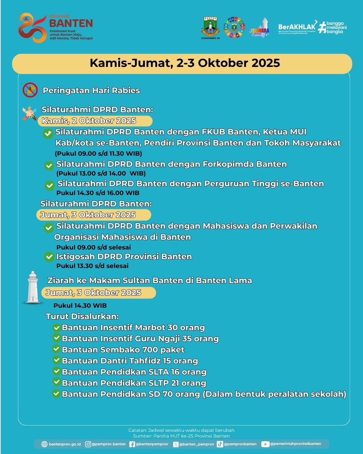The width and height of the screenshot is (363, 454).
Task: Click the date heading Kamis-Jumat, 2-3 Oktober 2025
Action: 185,63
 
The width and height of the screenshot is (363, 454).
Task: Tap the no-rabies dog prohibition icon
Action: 30,90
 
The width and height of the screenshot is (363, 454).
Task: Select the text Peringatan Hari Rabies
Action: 91,90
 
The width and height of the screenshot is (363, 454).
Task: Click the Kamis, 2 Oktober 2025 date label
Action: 89,121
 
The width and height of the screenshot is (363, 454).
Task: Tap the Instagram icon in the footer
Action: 88,444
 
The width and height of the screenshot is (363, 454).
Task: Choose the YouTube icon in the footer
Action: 265,444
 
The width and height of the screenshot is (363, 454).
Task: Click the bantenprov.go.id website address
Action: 65,444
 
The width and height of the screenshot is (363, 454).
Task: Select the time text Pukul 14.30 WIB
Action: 80,306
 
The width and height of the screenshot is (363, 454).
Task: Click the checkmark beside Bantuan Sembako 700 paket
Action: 56,349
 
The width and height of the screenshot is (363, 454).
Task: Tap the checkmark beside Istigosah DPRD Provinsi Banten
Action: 49,257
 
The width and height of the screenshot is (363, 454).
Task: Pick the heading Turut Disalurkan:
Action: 82,316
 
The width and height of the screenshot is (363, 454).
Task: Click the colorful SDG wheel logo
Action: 234,27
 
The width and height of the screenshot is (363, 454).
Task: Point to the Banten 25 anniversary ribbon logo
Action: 32,28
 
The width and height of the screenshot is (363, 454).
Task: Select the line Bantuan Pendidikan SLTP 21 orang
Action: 134,383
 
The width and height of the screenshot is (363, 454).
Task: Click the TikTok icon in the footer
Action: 220,444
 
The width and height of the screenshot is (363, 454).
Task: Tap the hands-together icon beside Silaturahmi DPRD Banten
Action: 30,113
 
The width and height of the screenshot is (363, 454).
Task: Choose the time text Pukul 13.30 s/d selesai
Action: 92,266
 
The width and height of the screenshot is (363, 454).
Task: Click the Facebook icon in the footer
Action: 132,444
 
